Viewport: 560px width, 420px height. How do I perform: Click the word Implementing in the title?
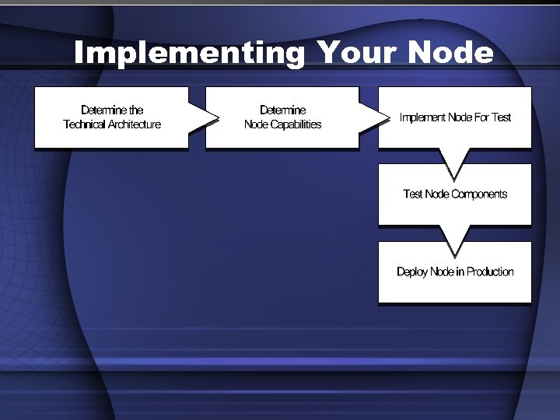pyautogui.click(x=189, y=54)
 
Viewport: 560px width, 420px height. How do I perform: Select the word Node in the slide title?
pyautogui.click(x=450, y=54)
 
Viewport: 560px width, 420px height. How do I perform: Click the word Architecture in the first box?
pyautogui.click(x=134, y=124)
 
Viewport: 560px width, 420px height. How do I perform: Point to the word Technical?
pyautogui.click(x=84, y=124)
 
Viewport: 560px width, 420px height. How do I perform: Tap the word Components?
pyautogui.click(x=479, y=194)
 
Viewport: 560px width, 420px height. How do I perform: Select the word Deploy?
pyautogui.click(x=412, y=271)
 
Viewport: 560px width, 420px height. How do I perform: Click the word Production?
pyautogui.click(x=490, y=271)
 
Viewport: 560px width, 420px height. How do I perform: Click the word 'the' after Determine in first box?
pyautogui.click(x=136, y=110)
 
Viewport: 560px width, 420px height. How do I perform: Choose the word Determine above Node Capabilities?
pyautogui.click(x=282, y=110)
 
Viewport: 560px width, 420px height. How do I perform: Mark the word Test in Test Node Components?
pyautogui.click(x=413, y=194)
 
